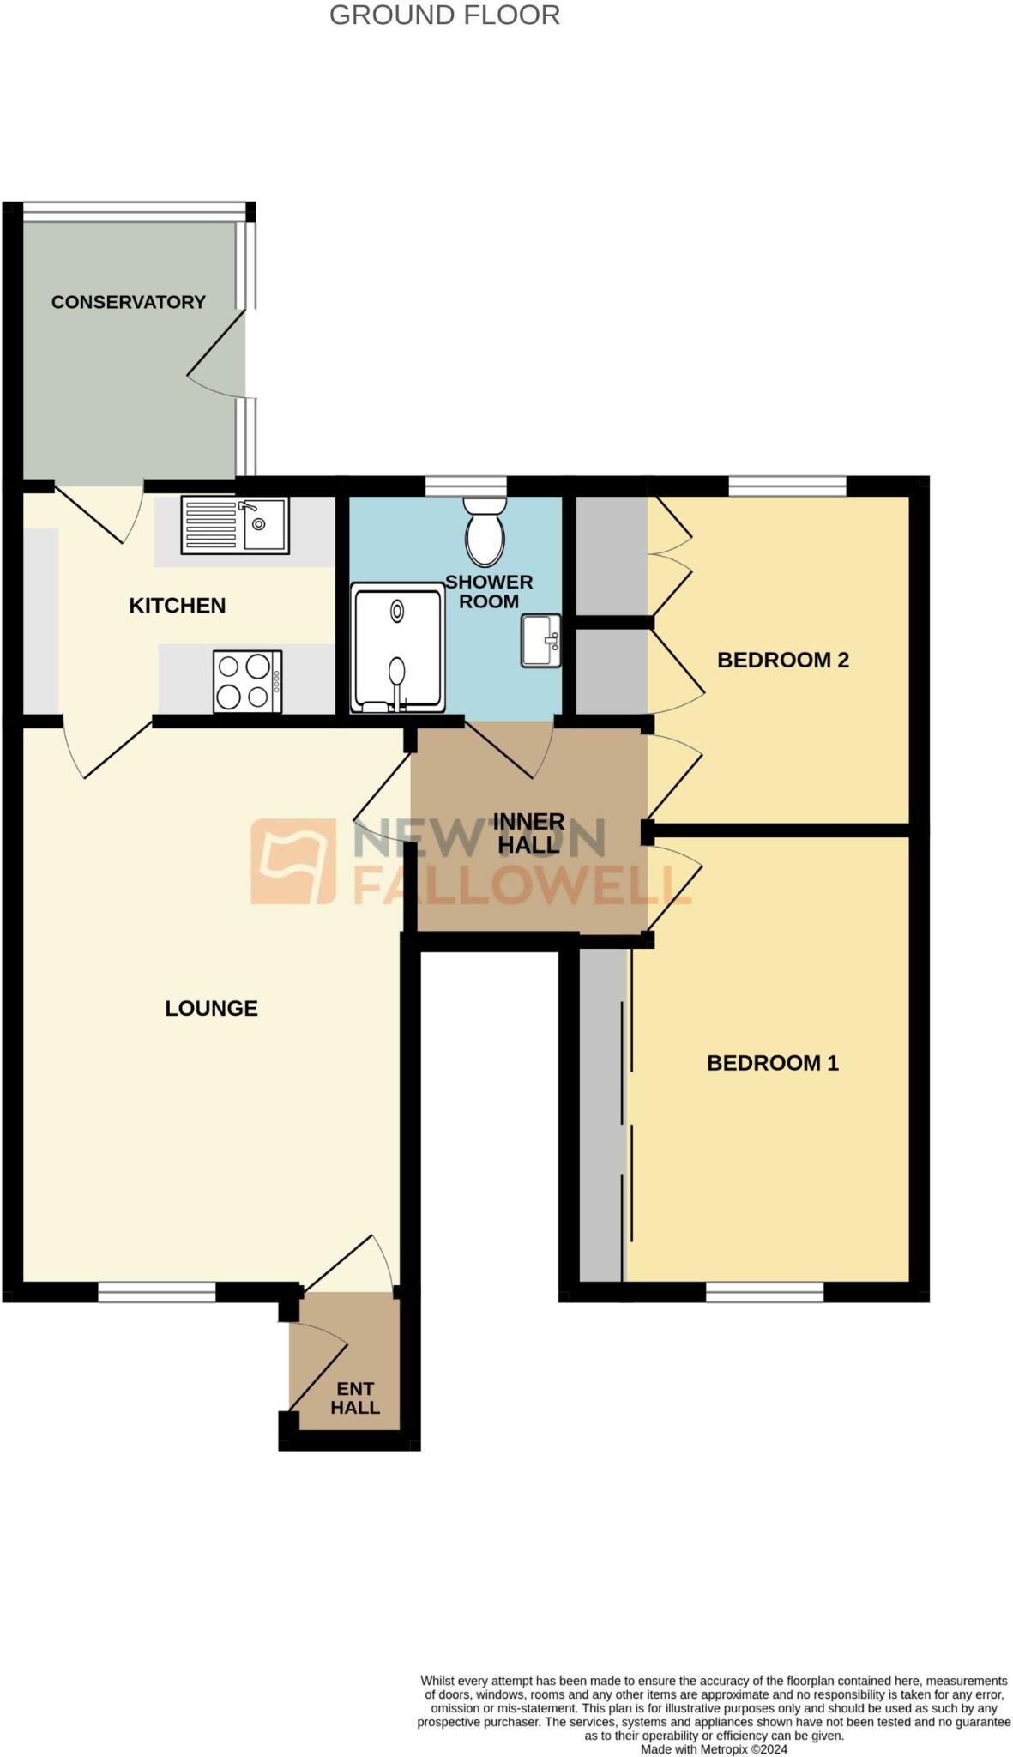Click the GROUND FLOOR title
[x=444, y=15]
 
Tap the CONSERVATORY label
[x=129, y=302]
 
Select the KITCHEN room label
[x=178, y=606]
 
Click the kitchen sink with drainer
[x=234, y=525]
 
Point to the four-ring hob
[x=247, y=682]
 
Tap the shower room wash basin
[x=540, y=640]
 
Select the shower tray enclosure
[x=397, y=648]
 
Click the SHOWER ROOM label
[x=489, y=591]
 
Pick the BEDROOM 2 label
[x=783, y=660]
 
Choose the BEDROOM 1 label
[x=773, y=1063]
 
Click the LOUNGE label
[x=211, y=1008]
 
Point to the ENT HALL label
[x=355, y=1398]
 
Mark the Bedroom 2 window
[x=787, y=486]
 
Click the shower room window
[x=466, y=486]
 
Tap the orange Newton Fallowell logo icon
[x=293, y=861]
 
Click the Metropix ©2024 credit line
[x=714, y=1749]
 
